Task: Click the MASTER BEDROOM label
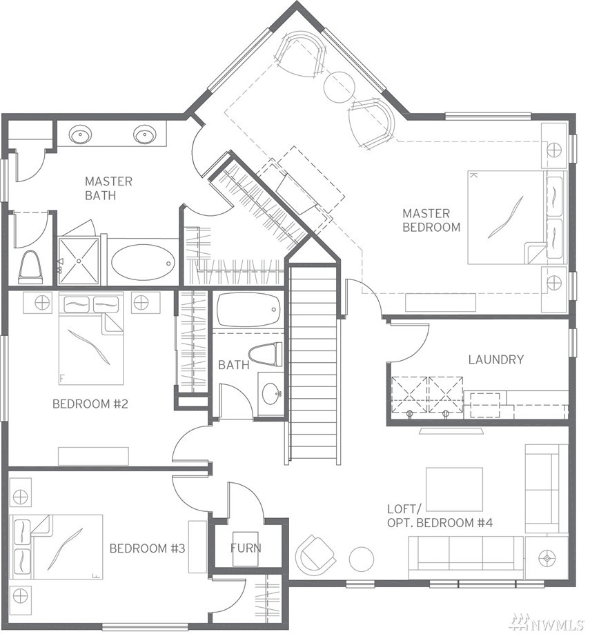[x=431, y=220]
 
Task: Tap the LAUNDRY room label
[x=495, y=359]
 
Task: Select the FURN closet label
[x=246, y=548]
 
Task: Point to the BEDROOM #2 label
[x=90, y=404]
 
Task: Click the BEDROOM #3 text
[x=147, y=548]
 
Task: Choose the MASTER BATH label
[x=108, y=188]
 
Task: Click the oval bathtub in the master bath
[x=143, y=262]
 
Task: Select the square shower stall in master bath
[x=79, y=261]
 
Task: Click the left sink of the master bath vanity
[x=80, y=134]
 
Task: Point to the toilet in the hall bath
[x=265, y=354]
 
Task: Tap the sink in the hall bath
[x=271, y=393]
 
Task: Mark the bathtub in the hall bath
[x=248, y=310]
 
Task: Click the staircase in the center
[x=313, y=364]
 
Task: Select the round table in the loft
[x=362, y=559]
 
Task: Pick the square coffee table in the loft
[x=455, y=489]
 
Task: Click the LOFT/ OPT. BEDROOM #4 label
[x=440, y=515]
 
